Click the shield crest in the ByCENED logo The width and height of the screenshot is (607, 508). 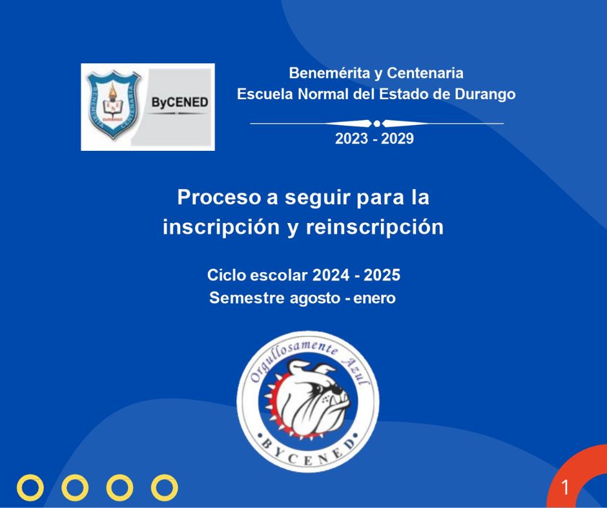113,104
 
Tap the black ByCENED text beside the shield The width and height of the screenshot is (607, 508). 180,103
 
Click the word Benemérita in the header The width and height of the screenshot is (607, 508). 329,73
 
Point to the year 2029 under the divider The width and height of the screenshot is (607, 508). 397,139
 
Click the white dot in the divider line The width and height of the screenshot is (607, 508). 376,124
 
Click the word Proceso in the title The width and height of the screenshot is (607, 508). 220,197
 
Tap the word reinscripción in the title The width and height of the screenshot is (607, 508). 375,226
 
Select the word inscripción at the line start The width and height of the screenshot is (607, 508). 221,226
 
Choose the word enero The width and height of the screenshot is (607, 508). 375,298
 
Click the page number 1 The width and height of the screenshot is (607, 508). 565,487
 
